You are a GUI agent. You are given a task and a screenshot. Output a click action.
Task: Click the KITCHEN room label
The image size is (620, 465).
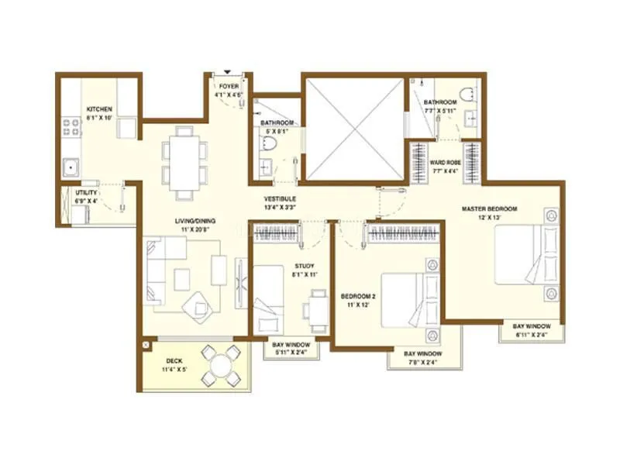coord(100,108)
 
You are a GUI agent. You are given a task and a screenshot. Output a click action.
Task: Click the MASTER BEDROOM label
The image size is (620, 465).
coord(489,208)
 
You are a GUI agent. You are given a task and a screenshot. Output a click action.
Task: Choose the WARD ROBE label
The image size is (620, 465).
coord(446,162)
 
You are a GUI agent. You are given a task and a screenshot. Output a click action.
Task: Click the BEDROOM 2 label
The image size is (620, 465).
coord(357,294)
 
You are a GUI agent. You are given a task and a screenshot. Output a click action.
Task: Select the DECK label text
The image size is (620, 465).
coord(174,361)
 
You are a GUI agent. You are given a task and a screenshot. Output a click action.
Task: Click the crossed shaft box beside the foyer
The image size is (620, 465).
coord(353,127)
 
